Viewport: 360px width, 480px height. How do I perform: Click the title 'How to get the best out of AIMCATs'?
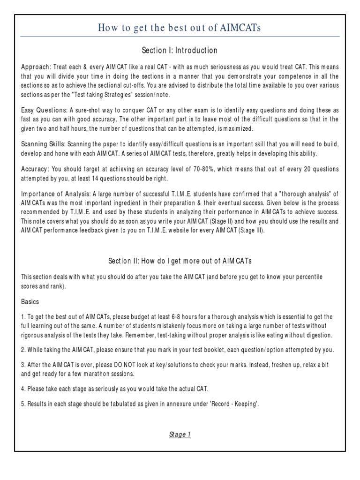[x=180, y=28]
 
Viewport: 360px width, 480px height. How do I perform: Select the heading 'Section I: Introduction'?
[x=180, y=50]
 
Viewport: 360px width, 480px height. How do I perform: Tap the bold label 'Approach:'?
[x=37, y=67]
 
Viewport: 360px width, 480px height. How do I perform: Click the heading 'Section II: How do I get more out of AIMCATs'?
[x=180, y=261]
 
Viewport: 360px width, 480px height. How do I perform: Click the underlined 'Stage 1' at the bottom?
[x=180, y=435]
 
